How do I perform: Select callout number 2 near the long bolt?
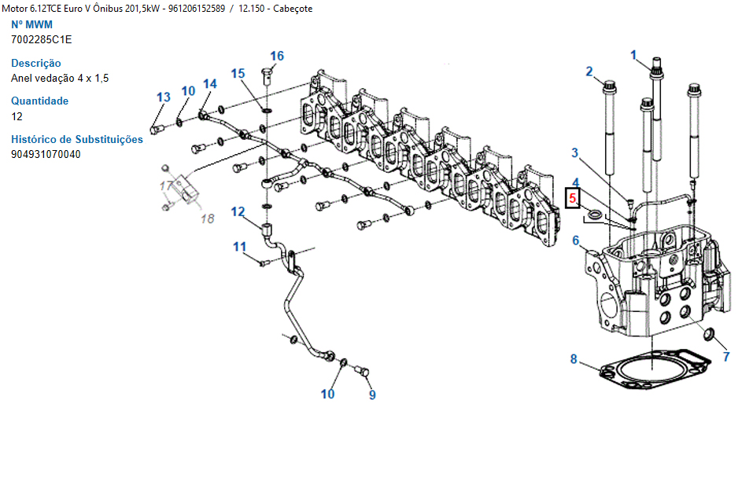tap(589, 72)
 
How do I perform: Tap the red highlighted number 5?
tap(574, 199)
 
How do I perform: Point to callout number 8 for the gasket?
tap(574, 360)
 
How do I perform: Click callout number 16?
tap(277, 56)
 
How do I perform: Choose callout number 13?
tap(163, 97)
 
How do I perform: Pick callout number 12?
tap(238, 211)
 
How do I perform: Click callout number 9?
tap(372, 394)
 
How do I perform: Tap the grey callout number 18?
tap(206, 218)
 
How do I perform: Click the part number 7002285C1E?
tap(41, 39)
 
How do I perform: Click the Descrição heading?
tap(36, 63)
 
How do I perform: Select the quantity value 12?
tap(17, 116)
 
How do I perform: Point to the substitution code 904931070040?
tap(46, 154)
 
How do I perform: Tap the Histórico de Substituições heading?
tap(77, 139)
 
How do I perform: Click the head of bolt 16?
tap(264, 74)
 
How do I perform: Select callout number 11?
tap(239, 248)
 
